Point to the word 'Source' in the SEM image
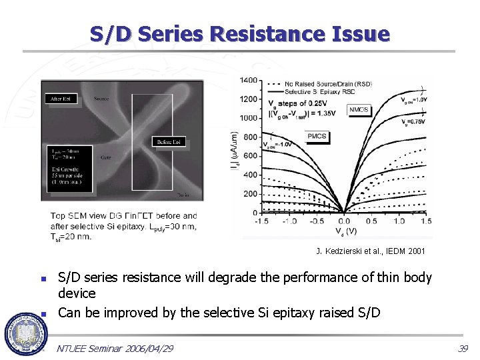[x=101, y=99]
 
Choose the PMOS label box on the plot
[x=317, y=136]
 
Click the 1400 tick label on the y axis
[x=248, y=80]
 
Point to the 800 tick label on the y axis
[x=250, y=137]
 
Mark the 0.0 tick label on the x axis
[x=343, y=221]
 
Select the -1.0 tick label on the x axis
[x=290, y=221]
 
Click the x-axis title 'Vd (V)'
[x=343, y=231]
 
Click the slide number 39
[x=463, y=349]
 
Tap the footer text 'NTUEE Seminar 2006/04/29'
[x=115, y=349]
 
